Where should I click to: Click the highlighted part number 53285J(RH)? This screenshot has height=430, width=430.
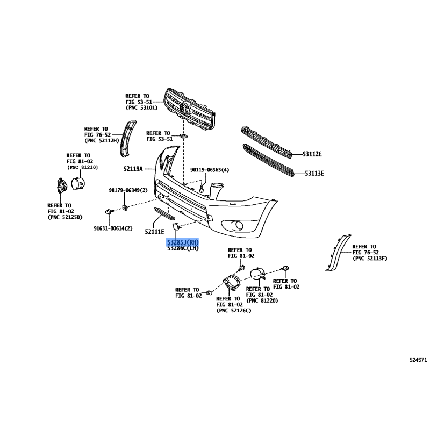pos(183,242)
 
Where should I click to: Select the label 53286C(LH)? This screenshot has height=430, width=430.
pos(183,248)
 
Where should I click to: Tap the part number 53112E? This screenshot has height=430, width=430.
pos(312,154)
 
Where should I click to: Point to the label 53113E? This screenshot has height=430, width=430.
pos(314,173)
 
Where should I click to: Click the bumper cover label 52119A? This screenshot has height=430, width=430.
pos(133,169)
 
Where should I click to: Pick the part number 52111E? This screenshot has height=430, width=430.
pos(154,232)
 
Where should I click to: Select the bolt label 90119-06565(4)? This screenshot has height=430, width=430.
pos(210,170)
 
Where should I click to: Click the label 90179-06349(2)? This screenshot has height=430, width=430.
pos(128,190)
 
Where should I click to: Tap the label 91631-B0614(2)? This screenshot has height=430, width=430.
pos(113,228)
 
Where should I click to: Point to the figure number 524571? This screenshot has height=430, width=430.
pos(418,360)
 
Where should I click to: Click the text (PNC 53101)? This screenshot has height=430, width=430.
pos(141,108)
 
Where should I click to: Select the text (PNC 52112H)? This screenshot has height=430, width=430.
pos(102,141)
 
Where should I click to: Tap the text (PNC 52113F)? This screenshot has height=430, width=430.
pos(370,259)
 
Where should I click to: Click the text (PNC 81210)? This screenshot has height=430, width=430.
pos(82,167)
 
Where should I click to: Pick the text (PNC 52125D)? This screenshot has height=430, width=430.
pos(65,217)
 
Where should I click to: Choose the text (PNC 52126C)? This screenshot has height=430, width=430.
pos(234,311)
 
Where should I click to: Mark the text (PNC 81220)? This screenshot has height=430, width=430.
pos(262,300)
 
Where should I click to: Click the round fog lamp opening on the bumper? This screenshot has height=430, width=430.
pos(238,225)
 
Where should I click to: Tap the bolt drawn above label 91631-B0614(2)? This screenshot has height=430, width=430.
pos(109,212)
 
